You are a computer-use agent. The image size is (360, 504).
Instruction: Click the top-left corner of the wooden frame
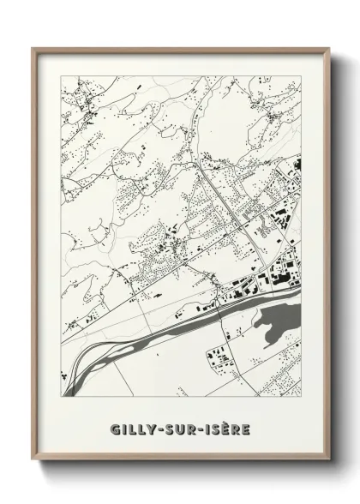pos(33,49)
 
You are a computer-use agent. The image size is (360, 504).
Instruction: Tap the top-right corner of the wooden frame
pos(328,49)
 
